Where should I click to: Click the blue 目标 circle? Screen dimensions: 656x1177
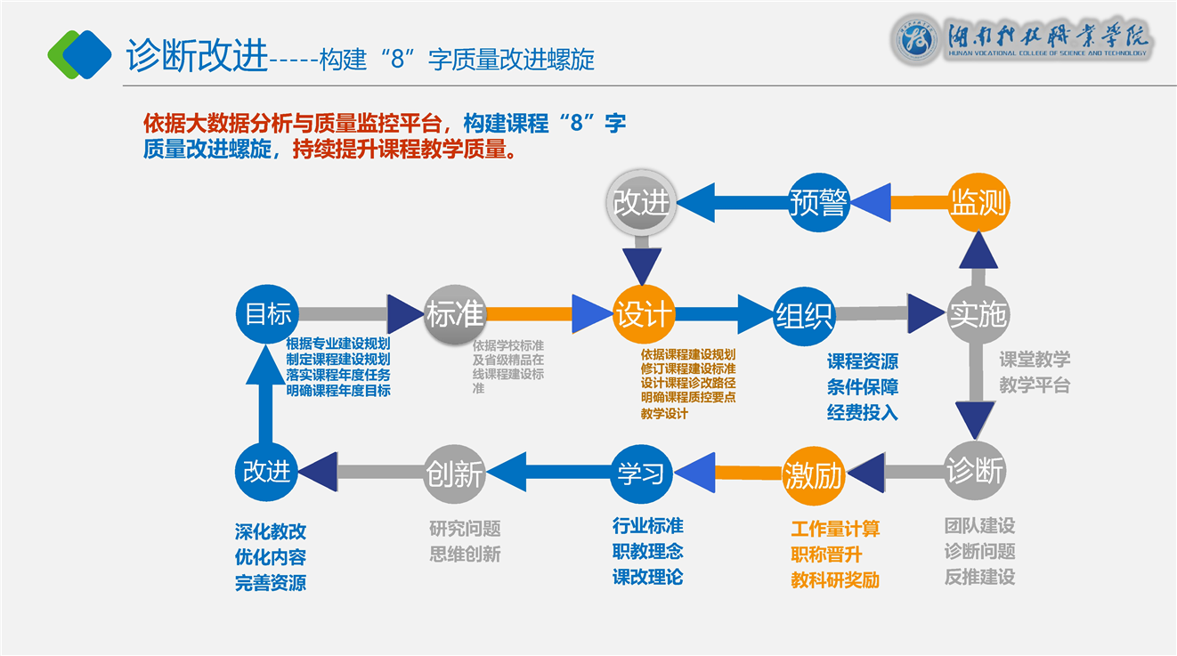point(268,314)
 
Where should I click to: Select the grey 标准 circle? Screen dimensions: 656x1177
point(455,314)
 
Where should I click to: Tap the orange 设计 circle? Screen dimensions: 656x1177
point(642,314)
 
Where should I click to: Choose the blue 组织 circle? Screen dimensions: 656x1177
point(804,314)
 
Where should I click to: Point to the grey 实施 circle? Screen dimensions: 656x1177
point(977,314)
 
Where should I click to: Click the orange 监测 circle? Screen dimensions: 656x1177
point(977,202)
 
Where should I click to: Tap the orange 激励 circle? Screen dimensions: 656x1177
point(813,475)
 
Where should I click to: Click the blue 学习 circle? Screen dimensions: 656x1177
point(641,472)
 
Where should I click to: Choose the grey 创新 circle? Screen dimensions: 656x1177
point(455,473)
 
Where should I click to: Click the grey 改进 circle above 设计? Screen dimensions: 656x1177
point(641,202)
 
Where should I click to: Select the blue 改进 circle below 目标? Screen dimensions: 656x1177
point(267,471)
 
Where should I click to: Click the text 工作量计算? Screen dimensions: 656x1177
point(835,530)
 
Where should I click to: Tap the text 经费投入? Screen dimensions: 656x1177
point(862,412)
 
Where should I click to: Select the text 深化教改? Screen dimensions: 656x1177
point(271,531)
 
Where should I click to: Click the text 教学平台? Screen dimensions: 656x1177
point(1035,385)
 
